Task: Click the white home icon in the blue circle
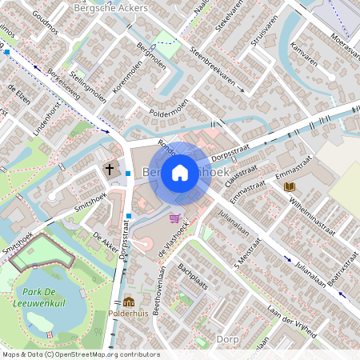point(180,172)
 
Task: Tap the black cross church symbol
point(109,169)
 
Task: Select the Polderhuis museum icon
point(129,302)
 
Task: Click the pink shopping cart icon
point(174,217)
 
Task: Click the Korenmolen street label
point(126,83)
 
